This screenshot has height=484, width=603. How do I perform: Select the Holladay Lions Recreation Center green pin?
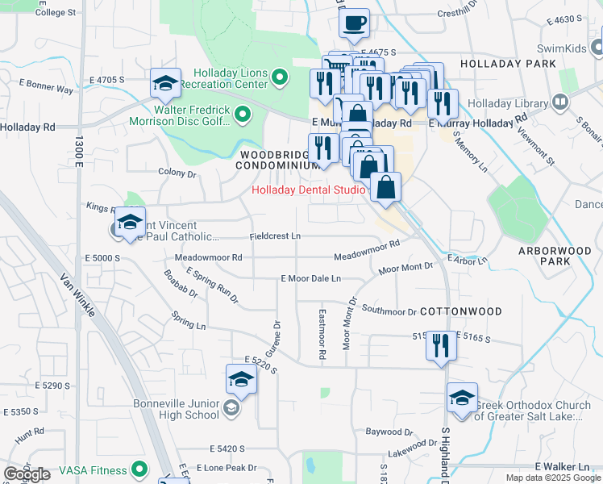(x=280, y=78)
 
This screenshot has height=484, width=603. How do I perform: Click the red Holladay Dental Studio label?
(x=309, y=190)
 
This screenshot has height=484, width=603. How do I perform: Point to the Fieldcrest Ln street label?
(x=275, y=236)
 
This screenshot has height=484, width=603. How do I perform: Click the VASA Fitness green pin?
(x=139, y=468)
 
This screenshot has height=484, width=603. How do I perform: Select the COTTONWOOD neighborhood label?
(x=461, y=311)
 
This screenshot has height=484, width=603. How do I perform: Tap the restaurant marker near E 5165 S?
(x=440, y=345)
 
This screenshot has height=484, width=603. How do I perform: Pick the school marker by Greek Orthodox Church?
(x=463, y=398)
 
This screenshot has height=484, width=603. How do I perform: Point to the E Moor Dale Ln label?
(x=310, y=278)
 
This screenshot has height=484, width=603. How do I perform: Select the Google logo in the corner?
(x=27, y=474)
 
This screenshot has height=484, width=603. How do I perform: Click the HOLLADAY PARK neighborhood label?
(x=508, y=63)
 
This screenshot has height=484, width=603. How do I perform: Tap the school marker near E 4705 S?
(x=165, y=83)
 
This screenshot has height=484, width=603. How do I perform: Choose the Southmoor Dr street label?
(x=389, y=311)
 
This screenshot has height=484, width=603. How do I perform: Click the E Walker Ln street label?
(x=562, y=467)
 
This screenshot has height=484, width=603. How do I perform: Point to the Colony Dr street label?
(x=177, y=173)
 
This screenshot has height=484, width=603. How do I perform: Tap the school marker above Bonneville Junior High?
(x=241, y=378)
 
